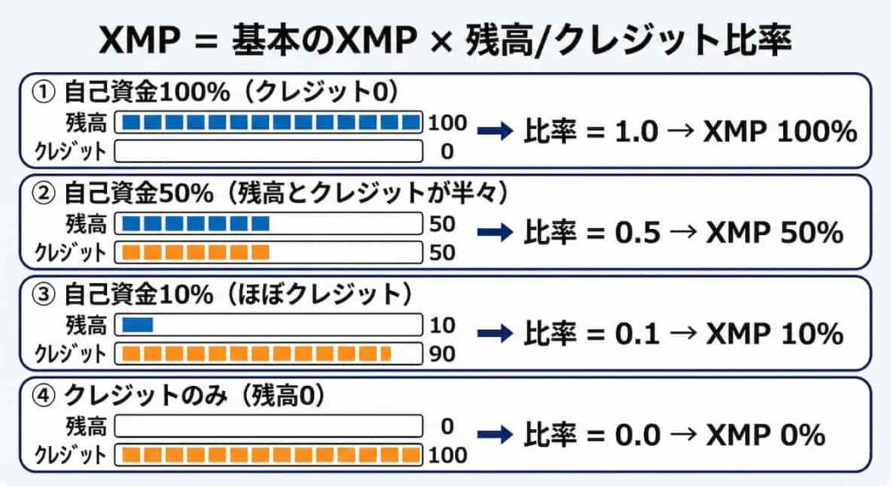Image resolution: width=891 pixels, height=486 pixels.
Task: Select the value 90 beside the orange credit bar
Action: click(442, 354)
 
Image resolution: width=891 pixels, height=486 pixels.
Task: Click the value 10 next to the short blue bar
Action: click(442, 326)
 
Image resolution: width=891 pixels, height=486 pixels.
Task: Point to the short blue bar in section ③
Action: click(137, 325)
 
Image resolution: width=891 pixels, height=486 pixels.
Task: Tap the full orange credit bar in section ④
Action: click(269, 455)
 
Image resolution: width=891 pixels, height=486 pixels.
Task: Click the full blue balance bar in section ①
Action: click(269, 122)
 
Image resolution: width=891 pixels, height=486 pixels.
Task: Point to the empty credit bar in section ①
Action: click(269, 152)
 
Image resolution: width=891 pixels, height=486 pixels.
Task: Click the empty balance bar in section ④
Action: click(269, 427)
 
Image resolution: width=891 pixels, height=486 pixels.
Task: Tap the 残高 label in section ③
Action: click(86, 325)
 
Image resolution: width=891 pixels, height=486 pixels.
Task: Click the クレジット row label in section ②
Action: click(71, 253)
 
